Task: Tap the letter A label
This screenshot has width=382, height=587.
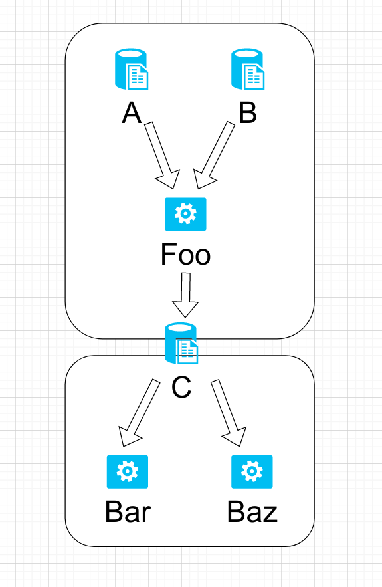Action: [132, 114]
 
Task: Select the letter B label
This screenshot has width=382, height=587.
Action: [247, 114]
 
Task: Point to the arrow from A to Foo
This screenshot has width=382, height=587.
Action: [163, 154]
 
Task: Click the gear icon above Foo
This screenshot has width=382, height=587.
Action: [185, 214]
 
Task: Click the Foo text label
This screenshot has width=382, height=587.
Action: [185, 255]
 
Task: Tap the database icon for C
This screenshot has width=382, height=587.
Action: [181, 344]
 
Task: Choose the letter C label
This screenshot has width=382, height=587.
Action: [181, 387]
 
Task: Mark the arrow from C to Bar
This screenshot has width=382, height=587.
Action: [139, 413]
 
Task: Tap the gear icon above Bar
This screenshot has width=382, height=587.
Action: [127, 472]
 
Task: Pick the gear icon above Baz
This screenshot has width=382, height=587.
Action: [252, 472]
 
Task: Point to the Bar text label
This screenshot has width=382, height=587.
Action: [128, 512]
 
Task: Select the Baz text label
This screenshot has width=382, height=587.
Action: [252, 512]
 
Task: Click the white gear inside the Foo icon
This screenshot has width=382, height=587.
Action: [185, 213]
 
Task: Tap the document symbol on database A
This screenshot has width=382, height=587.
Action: [138, 78]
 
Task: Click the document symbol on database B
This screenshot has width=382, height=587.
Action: [255, 78]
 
